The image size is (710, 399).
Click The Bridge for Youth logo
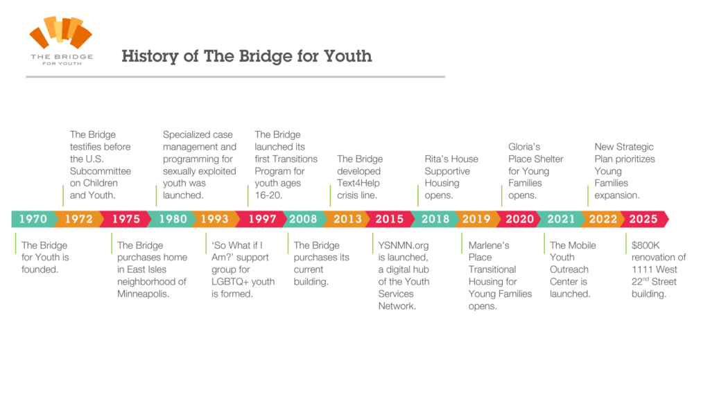point(61,41)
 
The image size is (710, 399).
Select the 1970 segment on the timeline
point(33,219)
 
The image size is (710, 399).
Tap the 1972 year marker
point(79,219)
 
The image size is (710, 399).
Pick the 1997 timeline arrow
point(262,219)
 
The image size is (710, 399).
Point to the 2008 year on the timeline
point(303,219)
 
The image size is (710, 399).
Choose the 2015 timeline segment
point(390,219)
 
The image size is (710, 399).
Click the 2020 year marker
point(520,219)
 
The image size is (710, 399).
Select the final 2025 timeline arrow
point(643,219)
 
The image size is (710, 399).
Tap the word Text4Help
point(358,183)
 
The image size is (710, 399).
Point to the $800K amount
point(646,245)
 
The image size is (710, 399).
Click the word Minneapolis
point(143,294)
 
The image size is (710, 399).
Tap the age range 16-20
point(268,195)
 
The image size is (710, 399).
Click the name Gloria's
point(524,147)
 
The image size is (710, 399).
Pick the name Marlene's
point(489,245)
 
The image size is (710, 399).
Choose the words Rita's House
point(451,159)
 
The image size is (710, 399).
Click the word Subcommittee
point(101,171)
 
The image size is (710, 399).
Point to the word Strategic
point(634,147)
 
